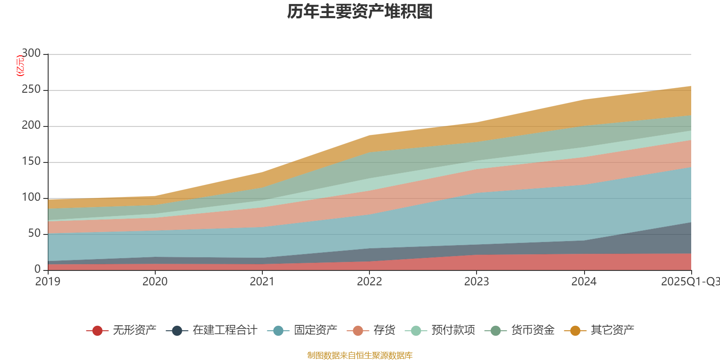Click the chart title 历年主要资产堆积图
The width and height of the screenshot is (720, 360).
pyautogui.click(x=360, y=12)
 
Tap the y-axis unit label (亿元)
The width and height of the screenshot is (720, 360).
pyautogui.click(x=20, y=66)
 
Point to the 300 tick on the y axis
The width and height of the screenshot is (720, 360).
pyautogui.click(x=31, y=54)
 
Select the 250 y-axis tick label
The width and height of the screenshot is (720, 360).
pyautogui.click(x=31, y=90)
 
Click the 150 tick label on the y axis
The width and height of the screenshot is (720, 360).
pyautogui.click(x=31, y=162)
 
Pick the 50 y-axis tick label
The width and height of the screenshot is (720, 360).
pyautogui.click(x=34, y=234)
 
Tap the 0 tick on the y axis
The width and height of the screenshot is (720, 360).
pyautogui.click(x=37, y=269)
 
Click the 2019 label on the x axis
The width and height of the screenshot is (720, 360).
pyautogui.click(x=48, y=282)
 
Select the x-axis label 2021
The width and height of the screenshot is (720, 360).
pyautogui.click(x=262, y=282)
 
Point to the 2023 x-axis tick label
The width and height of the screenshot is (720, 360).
pyautogui.click(x=477, y=282)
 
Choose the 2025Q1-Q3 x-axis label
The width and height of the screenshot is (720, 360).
pyautogui.click(x=690, y=282)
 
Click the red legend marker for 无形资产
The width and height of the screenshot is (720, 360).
pyautogui.click(x=97, y=331)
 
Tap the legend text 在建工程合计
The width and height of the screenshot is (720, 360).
pyautogui.click(x=225, y=330)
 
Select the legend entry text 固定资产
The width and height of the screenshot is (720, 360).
pyautogui.click(x=315, y=330)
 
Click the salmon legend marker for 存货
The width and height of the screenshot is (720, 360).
pyautogui.click(x=358, y=331)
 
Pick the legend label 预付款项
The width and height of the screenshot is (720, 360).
pyautogui.click(x=453, y=330)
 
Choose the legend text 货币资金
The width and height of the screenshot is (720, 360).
pyautogui.click(x=532, y=330)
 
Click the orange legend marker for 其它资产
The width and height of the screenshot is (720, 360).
pyautogui.click(x=575, y=331)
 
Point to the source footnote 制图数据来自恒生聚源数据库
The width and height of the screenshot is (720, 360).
pyautogui.click(x=360, y=355)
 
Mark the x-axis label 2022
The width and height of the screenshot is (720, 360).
pyautogui.click(x=369, y=282)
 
